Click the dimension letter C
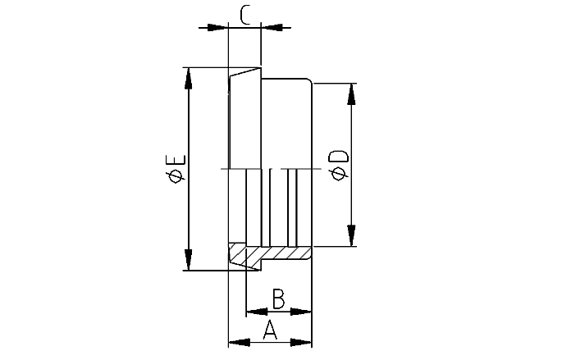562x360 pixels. click(x=245, y=14)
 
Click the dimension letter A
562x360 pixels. click(x=270, y=330)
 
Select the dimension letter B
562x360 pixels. click(x=278, y=299)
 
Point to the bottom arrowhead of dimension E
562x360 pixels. click(x=189, y=260)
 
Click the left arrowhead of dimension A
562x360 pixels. click(x=238, y=341)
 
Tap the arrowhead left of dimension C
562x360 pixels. click(x=217, y=27)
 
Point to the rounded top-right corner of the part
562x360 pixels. click(x=309, y=80)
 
